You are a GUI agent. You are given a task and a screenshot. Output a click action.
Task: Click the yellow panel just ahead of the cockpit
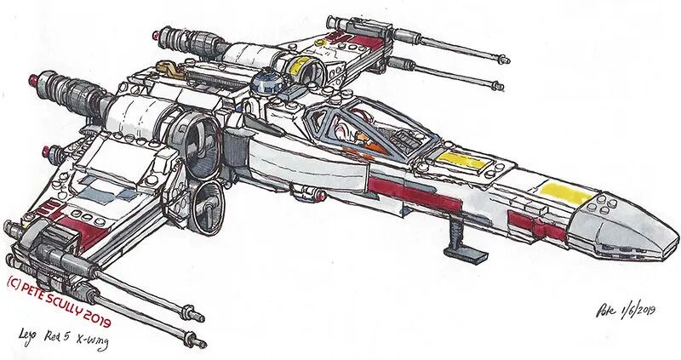coord(461,162)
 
